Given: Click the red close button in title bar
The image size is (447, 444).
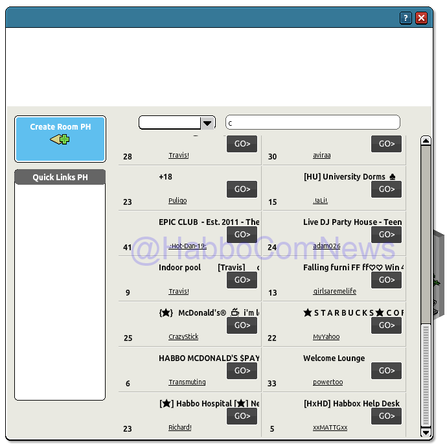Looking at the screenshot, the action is pos(422,18).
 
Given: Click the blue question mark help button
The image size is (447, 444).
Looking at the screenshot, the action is pos(406,18).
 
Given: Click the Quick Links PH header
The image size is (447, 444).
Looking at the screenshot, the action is pos(60,178).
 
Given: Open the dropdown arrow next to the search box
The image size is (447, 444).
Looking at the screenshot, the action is pos(207,123).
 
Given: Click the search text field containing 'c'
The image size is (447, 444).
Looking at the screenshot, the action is pos(312,123).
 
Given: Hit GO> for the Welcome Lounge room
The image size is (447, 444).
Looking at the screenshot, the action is pos(386,371).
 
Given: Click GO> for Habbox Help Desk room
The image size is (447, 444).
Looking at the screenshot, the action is pos(386,416).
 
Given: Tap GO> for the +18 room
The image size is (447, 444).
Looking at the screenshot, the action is pos(242,189).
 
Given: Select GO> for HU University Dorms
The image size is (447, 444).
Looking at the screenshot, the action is pos(386,189).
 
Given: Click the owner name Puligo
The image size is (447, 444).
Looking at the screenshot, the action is pos(178,201).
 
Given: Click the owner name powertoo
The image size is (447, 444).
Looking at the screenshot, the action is pos(328,382).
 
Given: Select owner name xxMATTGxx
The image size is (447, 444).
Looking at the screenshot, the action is pos(330,428).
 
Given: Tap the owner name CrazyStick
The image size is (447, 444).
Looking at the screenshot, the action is pos(183,337).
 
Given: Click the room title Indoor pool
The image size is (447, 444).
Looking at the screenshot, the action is pos(180,268).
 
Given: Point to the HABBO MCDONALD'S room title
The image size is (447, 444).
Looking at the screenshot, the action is pos(209,358).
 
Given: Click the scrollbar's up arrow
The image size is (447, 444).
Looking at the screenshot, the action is pos(426,141).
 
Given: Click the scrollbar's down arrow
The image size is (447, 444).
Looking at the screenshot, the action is pos(426,432).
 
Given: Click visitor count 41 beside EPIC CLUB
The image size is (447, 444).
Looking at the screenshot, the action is pos(127,247).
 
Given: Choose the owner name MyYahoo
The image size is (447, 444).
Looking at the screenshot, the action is pos(326,337).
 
